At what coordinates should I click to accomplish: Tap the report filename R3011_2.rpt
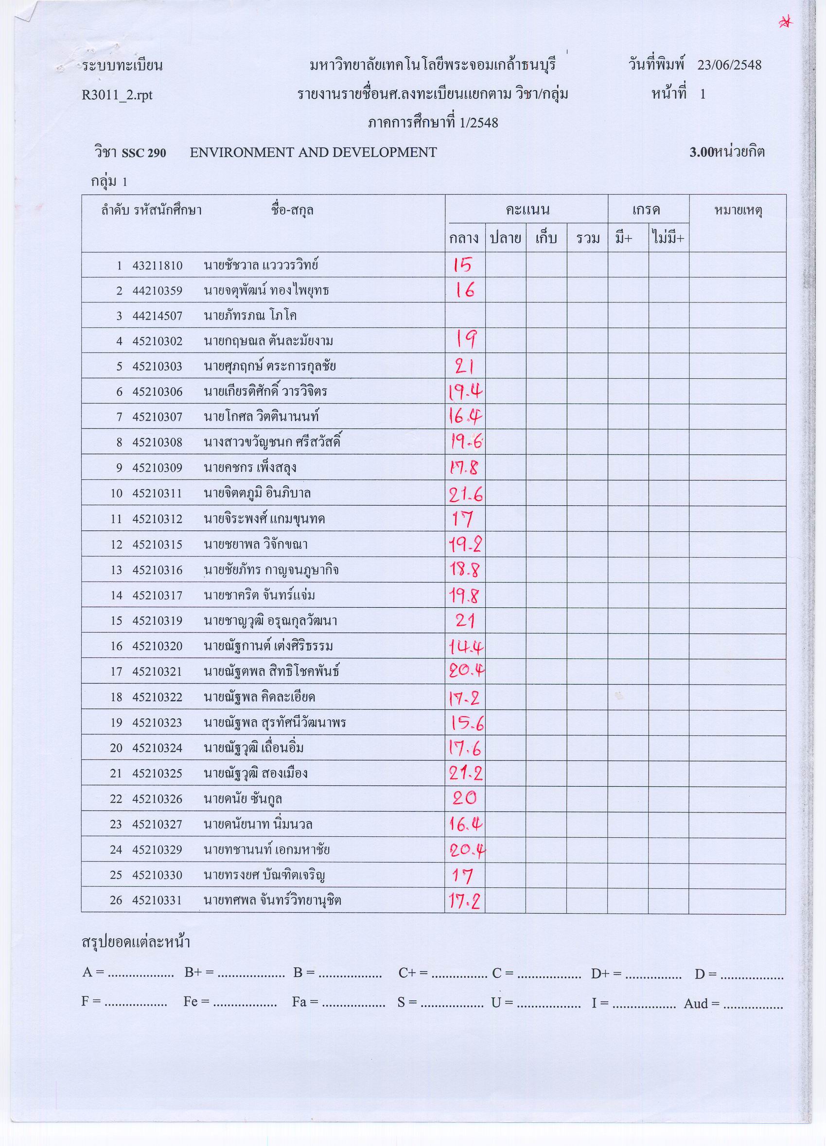click(117, 95)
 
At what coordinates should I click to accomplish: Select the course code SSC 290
click(143, 153)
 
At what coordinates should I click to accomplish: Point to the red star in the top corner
click(786, 22)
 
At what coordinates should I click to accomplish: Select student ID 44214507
click(157, 316)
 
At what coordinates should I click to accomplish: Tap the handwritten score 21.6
click(465, 494)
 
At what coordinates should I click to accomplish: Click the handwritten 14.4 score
click(465, 646)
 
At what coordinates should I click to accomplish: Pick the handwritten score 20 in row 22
click(464, 799)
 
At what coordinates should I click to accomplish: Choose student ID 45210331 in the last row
click(157, 900)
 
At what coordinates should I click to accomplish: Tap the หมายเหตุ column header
click(738, 210)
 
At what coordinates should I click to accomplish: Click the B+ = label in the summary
click(198, 972)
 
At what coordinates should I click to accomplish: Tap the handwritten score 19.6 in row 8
click(465, 442)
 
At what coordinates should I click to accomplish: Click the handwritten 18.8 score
click(464, 570)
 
